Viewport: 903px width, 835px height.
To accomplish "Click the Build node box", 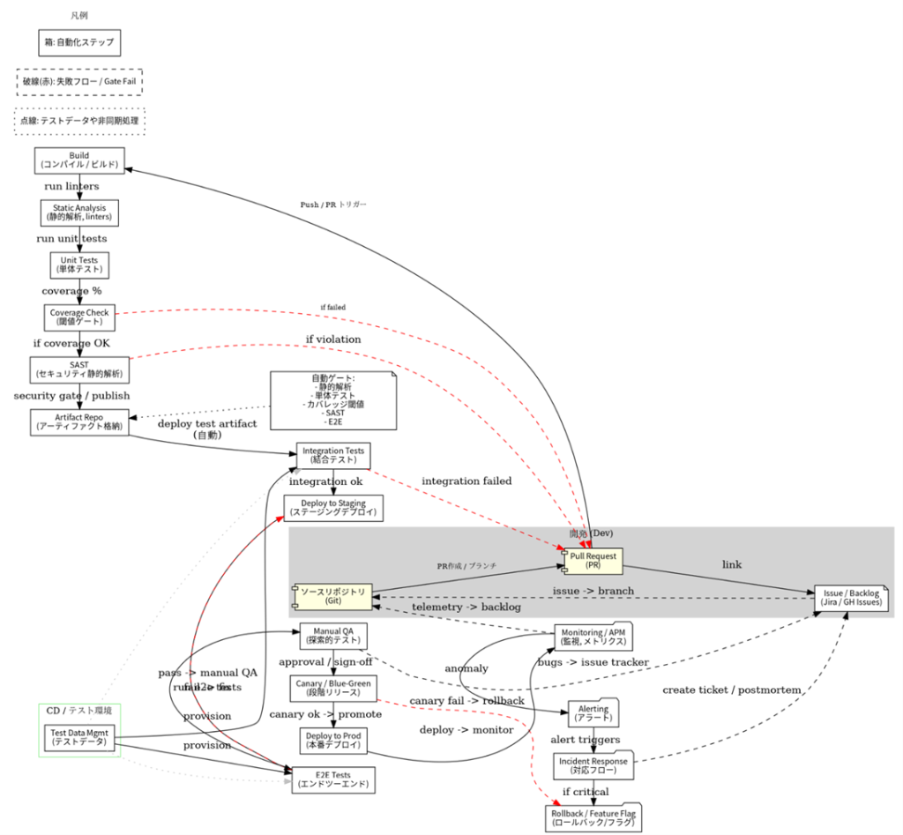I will [79, 160].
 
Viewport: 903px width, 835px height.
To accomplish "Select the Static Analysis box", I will [79, 212].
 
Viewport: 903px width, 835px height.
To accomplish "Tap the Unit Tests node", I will [79, 265].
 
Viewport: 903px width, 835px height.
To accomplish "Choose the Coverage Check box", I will [79, 317].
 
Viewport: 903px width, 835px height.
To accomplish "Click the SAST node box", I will [79, 369].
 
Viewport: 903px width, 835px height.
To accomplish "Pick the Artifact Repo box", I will [79, 421].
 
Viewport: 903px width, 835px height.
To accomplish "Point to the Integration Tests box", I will [332, 456].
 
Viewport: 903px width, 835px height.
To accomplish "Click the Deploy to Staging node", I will [333, 508].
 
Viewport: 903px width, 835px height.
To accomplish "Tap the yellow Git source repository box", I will [332, 596].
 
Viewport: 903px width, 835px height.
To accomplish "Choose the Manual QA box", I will [333, 636].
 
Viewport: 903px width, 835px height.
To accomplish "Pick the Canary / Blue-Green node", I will [333, 688].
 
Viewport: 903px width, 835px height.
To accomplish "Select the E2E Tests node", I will [333, 779].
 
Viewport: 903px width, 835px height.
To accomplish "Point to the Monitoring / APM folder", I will [593, 637].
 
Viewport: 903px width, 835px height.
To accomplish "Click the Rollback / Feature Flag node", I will [593, 817].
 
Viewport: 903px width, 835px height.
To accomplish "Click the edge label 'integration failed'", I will [466, 481].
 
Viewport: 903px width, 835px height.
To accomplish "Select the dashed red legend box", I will [79, 82].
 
